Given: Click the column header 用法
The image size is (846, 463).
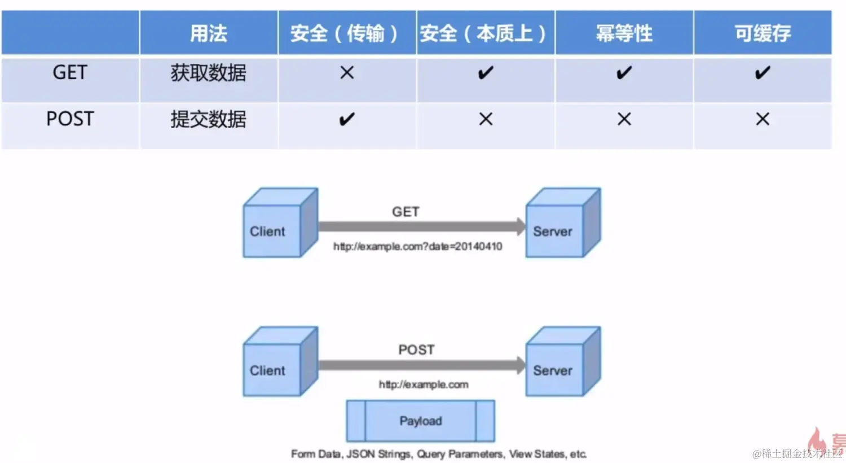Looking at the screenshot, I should coord(208,33).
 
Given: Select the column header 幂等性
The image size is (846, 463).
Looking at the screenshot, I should coord(624,33).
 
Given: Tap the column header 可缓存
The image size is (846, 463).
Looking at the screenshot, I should coord(762,33).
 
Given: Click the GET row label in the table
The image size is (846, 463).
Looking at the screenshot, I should coord(70,72).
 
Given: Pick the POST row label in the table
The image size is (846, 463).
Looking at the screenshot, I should coord(70,119).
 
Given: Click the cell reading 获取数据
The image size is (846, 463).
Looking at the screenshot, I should coord(208,73).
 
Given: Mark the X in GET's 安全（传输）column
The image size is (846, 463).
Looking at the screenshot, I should coord(347,72).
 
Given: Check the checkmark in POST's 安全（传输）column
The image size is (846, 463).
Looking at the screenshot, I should coord(346,119).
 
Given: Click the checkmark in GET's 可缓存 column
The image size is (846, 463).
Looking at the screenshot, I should coord(762,72).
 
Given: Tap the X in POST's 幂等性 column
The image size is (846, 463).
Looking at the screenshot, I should coord(624,119).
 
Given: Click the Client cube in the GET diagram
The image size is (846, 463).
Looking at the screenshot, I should coord(276,226).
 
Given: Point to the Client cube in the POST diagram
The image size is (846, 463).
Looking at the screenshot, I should coord(276,364).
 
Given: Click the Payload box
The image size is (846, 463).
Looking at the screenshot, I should coord(421,421).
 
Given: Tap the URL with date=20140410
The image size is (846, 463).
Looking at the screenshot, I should coord(417,246).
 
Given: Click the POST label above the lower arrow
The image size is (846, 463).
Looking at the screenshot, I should coord(416,350).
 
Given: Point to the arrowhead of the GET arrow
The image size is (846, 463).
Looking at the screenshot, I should coord(520,226).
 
